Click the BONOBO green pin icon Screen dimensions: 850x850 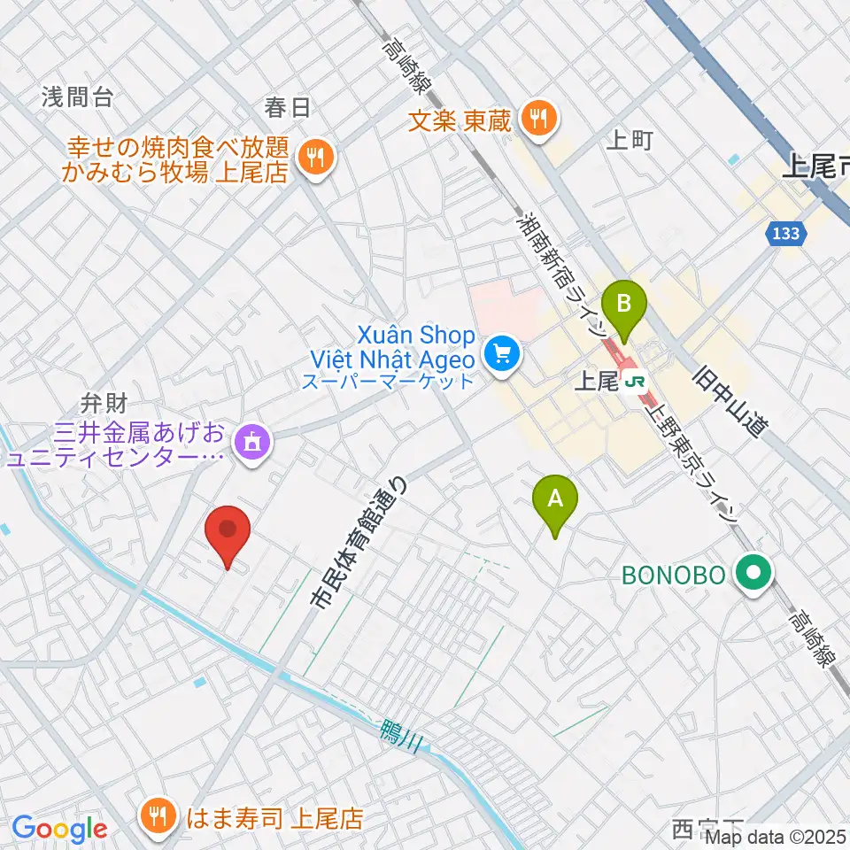(x=753, y=575)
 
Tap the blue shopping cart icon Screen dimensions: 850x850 (x=503, y=355)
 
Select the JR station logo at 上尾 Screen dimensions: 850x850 (x=634, y=382)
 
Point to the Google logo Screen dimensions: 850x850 (x=58, y=829)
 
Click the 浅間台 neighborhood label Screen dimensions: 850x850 (x=77, y=97)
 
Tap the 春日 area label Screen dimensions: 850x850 (x=287, y=108)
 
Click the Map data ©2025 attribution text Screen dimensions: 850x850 (x=777, y=837)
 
